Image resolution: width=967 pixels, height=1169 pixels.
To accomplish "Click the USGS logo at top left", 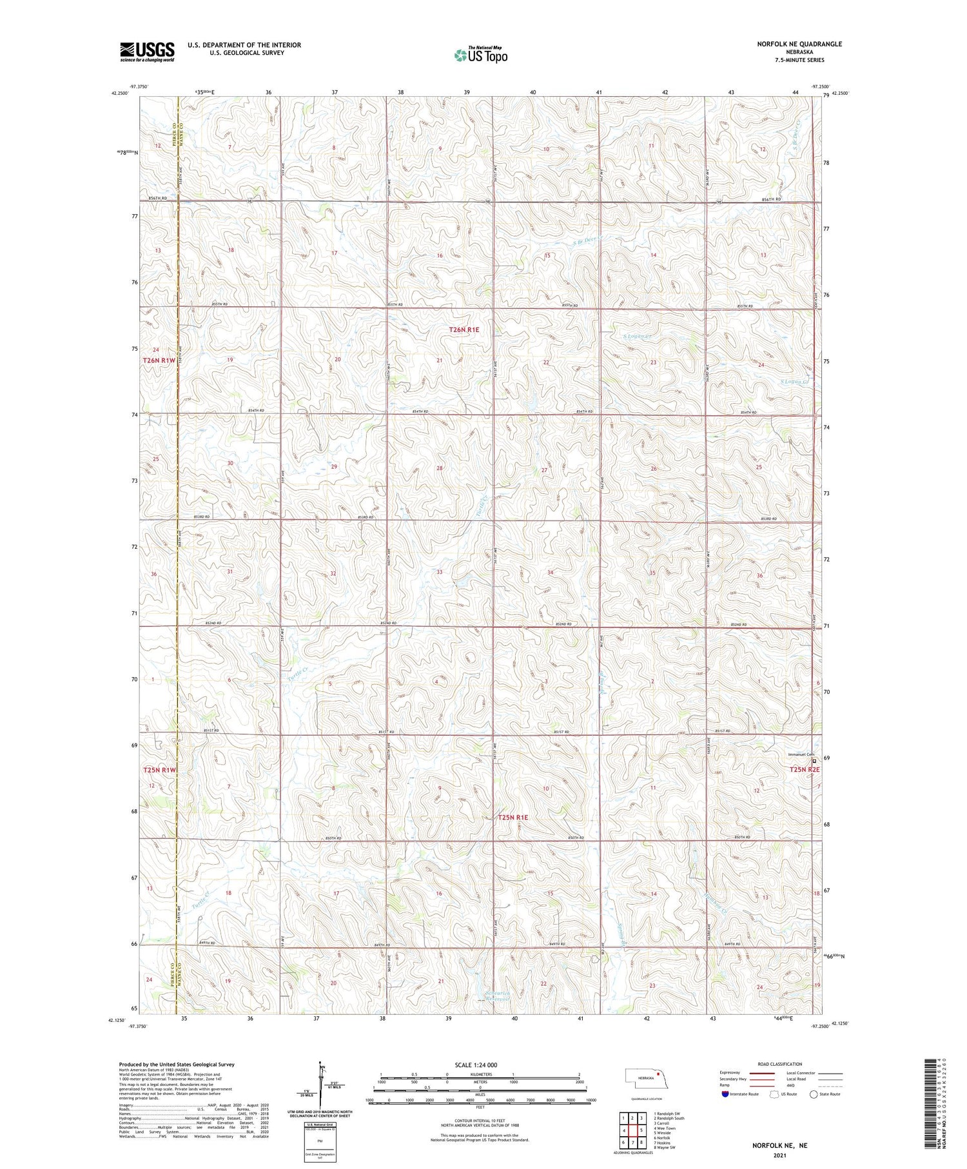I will click(x=147, y=51).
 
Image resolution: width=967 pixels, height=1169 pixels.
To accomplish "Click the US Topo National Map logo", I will click(x=480, y=55).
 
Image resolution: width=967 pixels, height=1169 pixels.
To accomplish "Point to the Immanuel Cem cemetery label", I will click(x=801, y=754).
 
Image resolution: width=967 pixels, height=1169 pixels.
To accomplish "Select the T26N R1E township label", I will click(x=464, y=329).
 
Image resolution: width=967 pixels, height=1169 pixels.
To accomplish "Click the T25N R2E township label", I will click(x=805, y=769).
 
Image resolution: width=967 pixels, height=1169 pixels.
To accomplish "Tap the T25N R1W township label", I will click(x=159, y=770).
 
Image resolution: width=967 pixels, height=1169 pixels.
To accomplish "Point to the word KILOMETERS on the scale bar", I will click(x=480, y=1074).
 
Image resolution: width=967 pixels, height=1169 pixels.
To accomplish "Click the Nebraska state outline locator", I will click(x=649, y=1077).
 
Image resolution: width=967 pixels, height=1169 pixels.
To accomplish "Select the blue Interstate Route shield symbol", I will click(x=726, y=1094).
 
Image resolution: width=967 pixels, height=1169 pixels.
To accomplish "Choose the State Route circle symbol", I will click(x=814, y=1094).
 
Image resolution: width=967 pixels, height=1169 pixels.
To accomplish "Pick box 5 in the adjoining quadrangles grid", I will click(x=642, y=1130).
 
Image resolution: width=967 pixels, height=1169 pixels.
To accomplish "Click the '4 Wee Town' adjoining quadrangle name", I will click(x=666, y=1128).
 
